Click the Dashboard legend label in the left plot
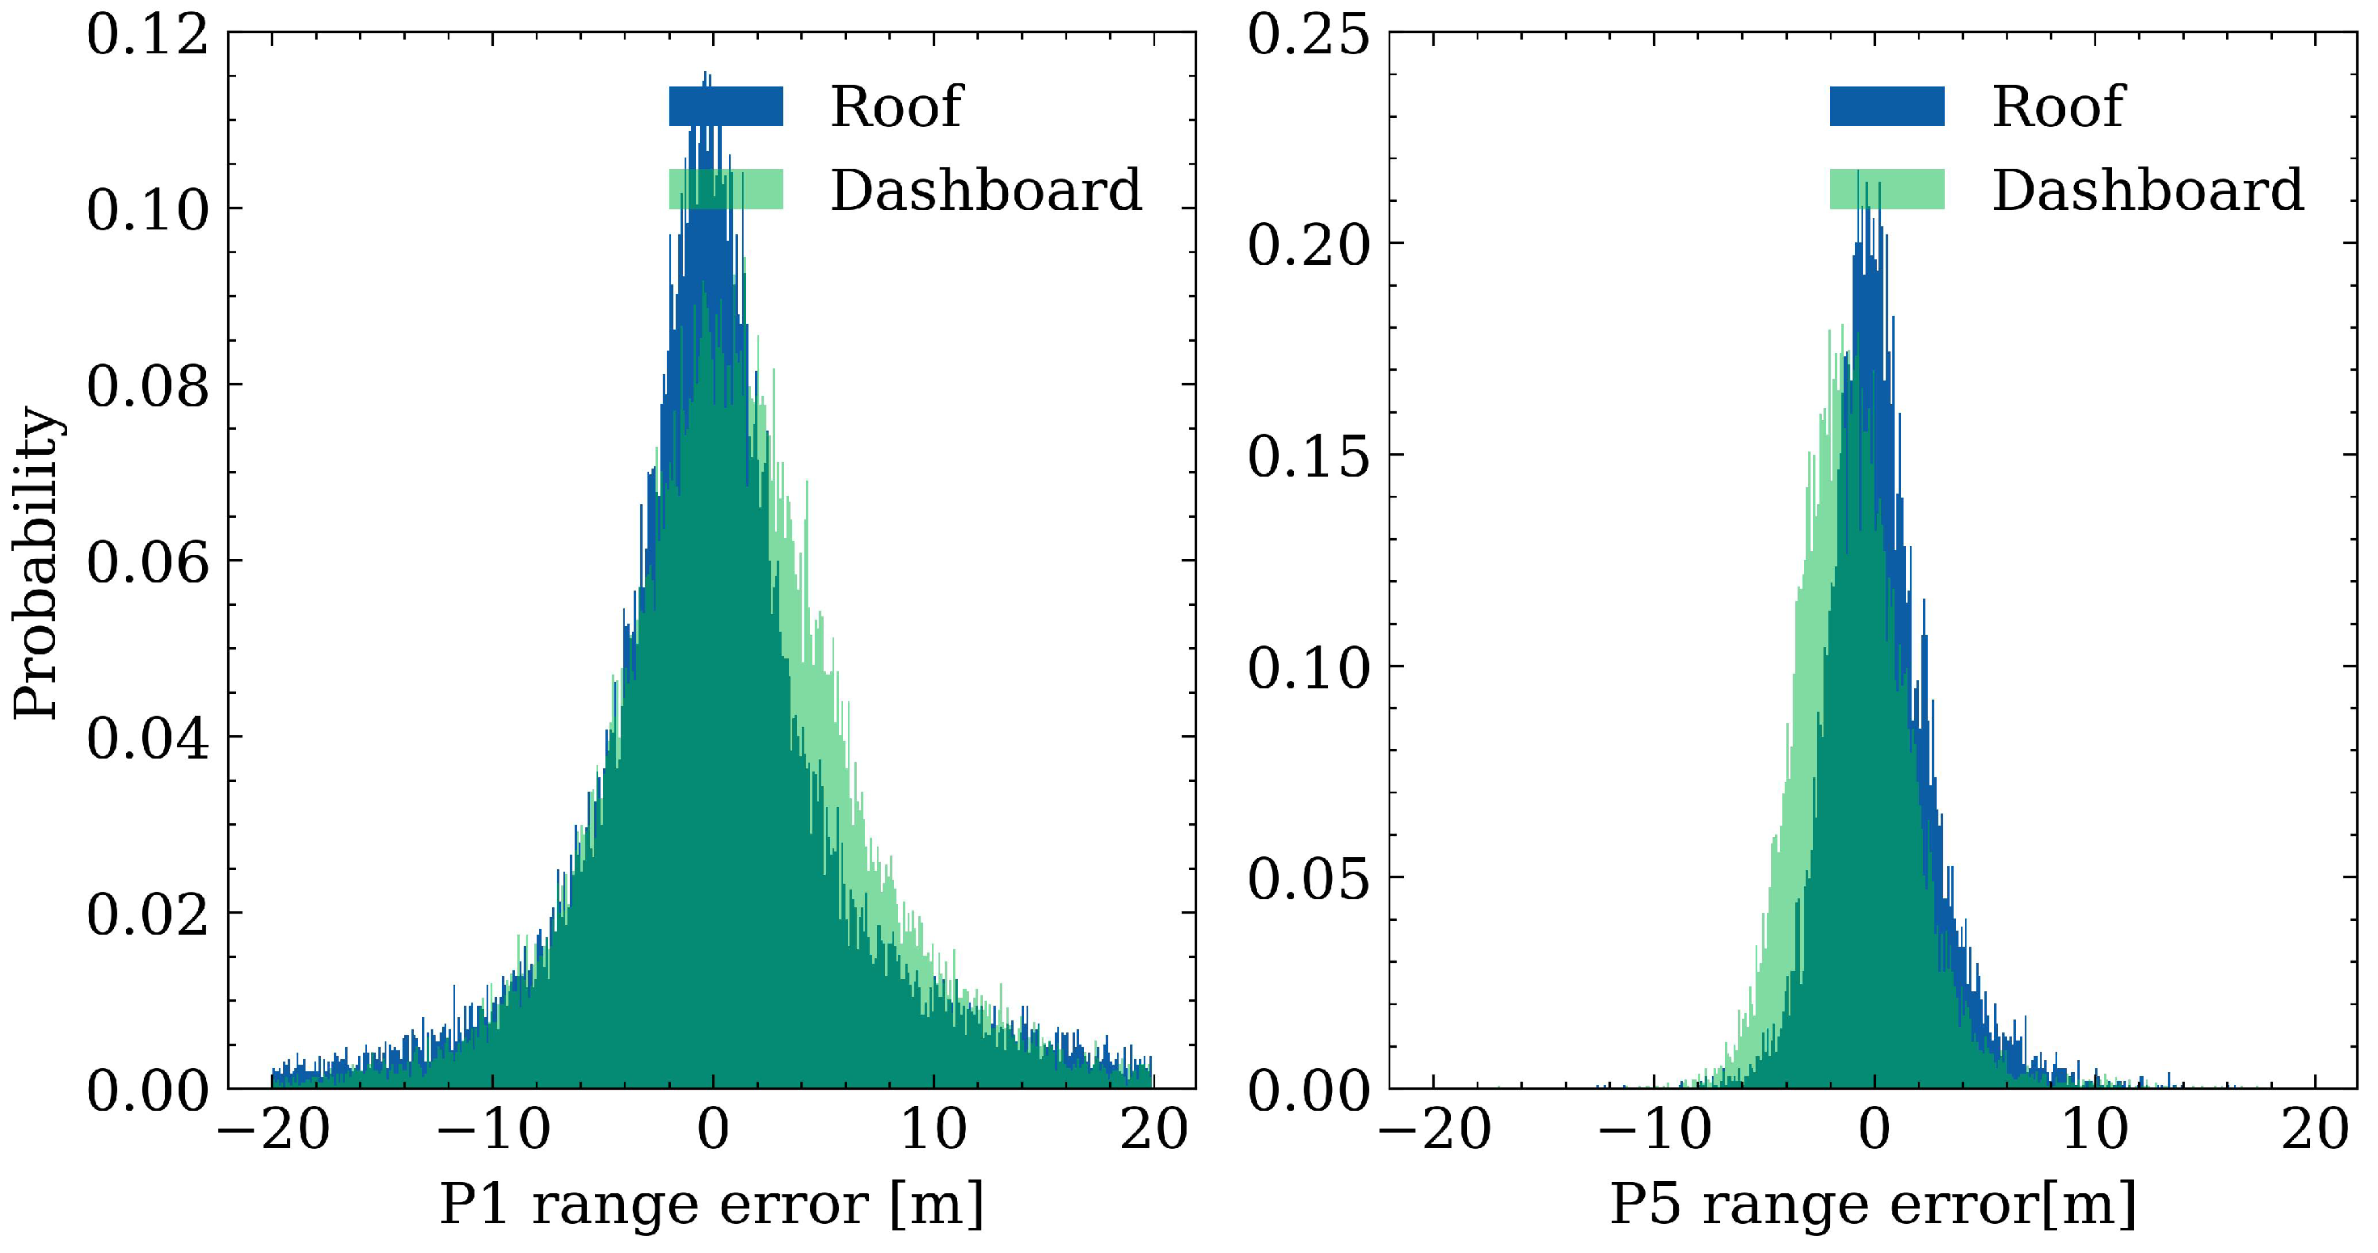pos(986,190)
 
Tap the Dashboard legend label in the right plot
pos(2147,190)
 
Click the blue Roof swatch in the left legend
pos(726,106)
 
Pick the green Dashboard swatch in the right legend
pos(1887,190)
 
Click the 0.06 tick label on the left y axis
pos(148,562)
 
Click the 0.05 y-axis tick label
pos(1308,878)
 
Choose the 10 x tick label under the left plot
pos(934,1129)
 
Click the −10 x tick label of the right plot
pos(1655,1129)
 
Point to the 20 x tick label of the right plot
pos(2315,1129)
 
